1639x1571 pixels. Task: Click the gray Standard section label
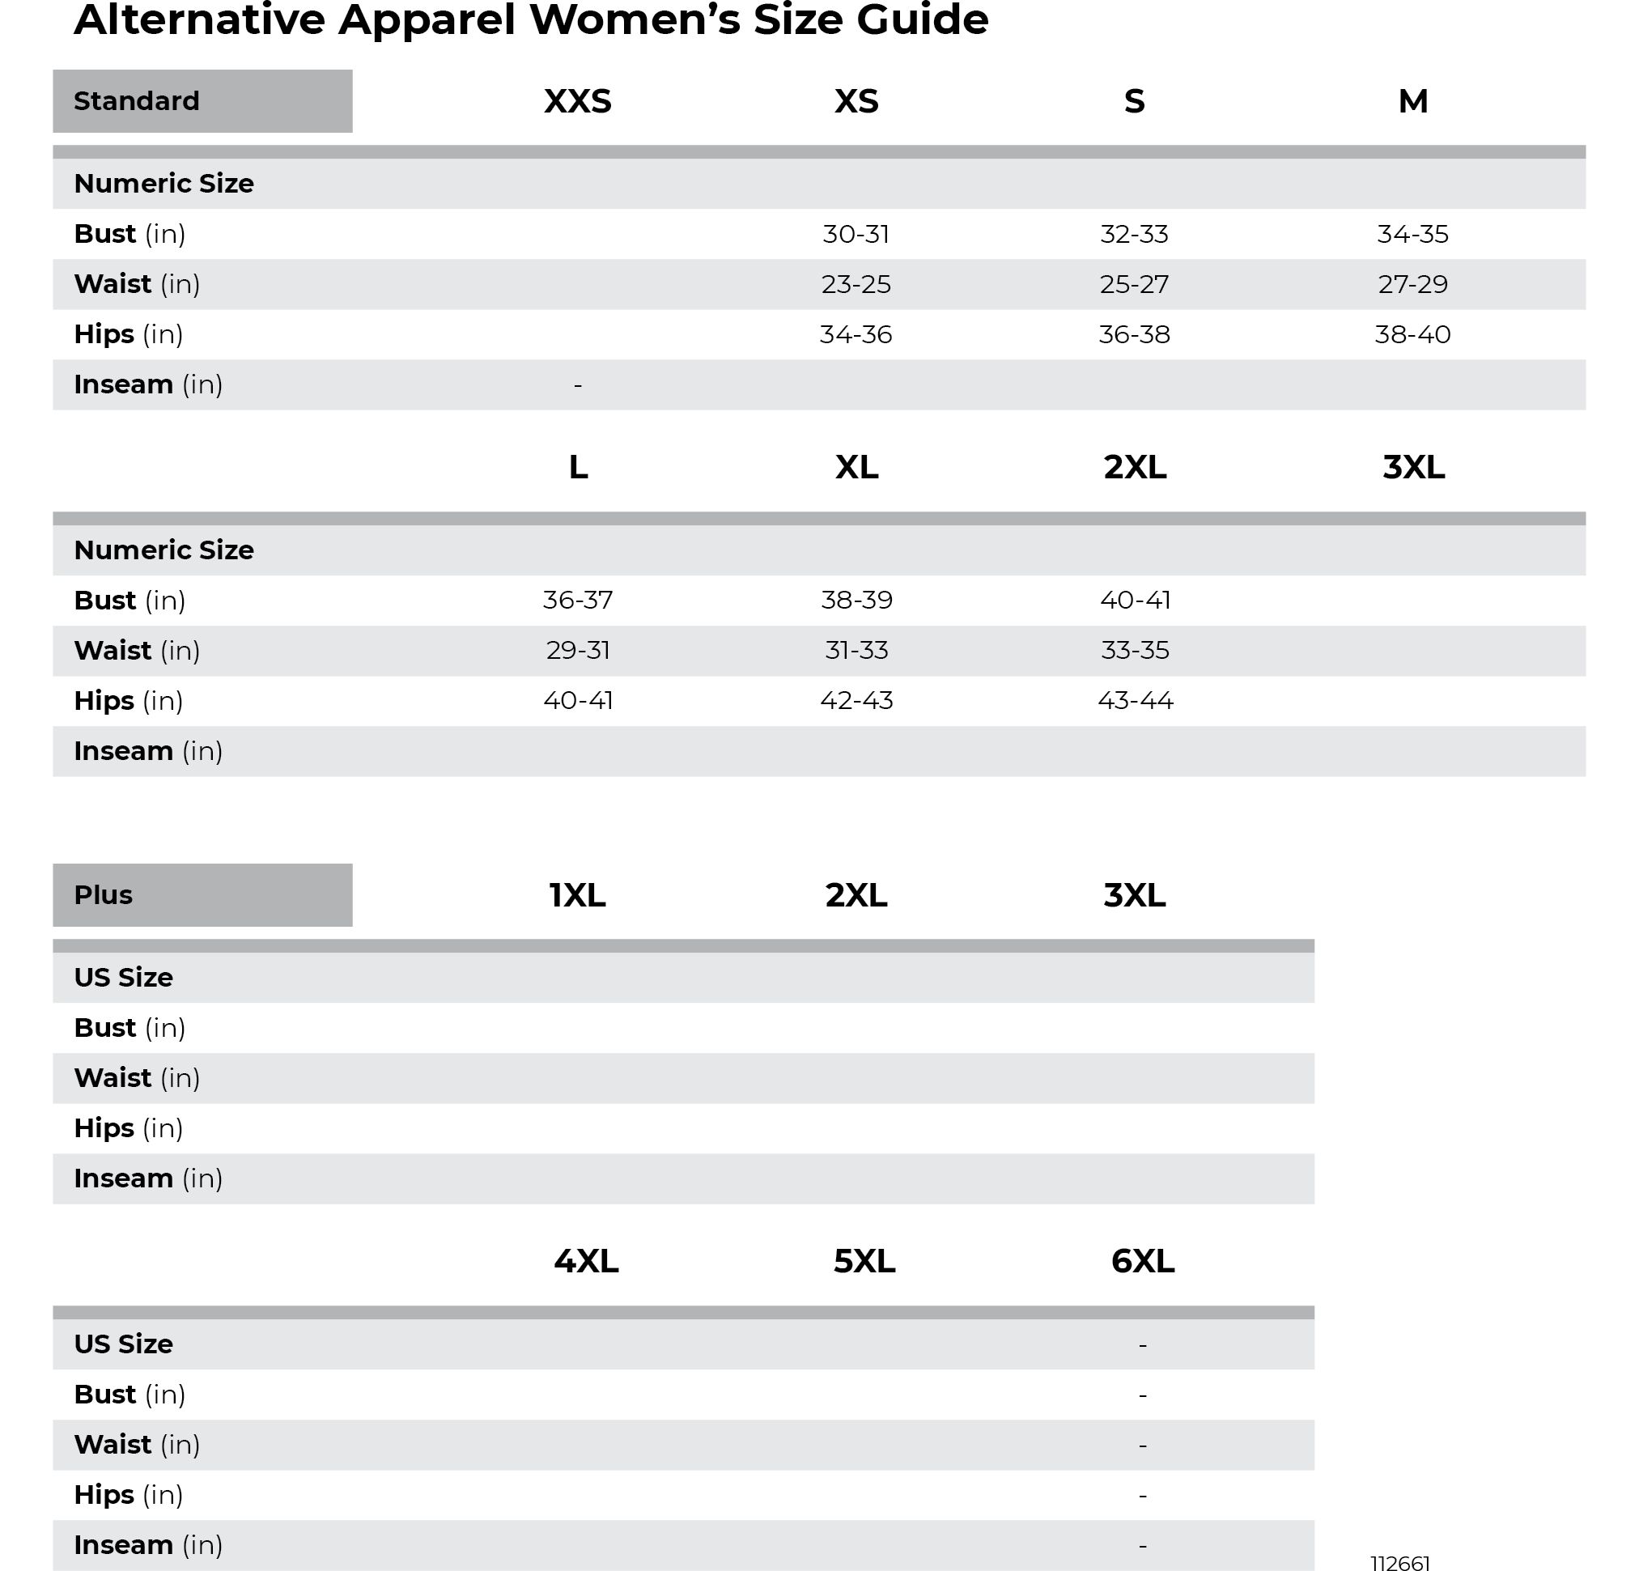point(202,101)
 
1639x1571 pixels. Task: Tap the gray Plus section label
point(202,894)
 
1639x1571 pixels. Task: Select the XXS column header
point(577,101)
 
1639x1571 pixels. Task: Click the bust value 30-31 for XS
point(856,234)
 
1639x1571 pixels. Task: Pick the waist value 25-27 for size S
point(1134,284)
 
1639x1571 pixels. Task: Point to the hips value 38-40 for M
point(1412,334)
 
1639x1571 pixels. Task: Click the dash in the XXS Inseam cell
point(577,385)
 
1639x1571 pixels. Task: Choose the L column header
point(578,467)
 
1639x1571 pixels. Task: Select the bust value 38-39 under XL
point(856,601)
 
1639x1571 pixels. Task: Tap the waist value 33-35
point(1135,651)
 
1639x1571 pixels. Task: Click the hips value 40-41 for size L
point(578,701)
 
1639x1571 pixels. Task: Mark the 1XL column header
point(577,895)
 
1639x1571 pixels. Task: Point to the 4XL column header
point(586,1261)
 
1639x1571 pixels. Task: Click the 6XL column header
point(1142,1261)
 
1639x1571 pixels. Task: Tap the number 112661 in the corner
point(1400,1562)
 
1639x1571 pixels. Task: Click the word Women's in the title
point(635,20)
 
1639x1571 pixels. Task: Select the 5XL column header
point(864,1261)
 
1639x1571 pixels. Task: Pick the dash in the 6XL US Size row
point(1142,1345)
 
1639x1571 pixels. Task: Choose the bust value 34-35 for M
point(1412,234)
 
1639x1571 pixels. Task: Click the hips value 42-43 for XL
point(856,701)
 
